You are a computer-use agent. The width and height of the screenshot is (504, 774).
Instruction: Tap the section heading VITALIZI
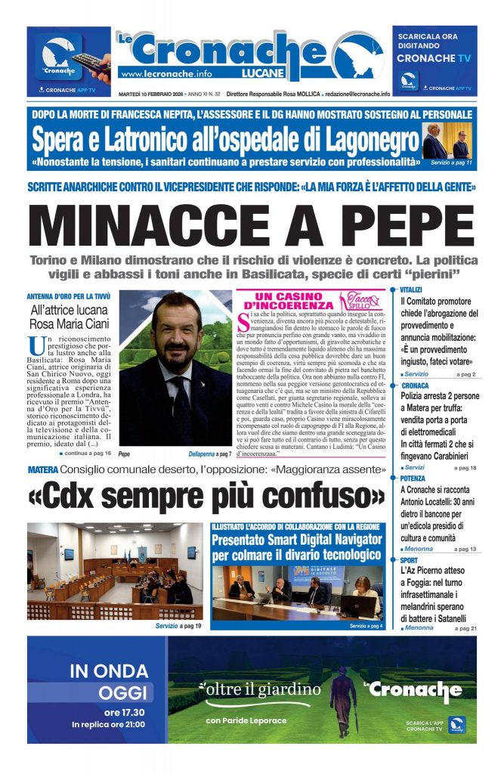pyautogui.click(x=411, y=289)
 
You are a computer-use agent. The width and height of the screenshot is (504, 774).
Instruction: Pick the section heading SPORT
pyautogui.click(x=410, y=560)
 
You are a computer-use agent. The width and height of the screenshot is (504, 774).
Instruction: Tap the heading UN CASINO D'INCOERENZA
pyautogui.click(x=289, y=301)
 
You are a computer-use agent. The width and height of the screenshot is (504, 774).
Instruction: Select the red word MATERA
pyautogui.click(x=42, y=470)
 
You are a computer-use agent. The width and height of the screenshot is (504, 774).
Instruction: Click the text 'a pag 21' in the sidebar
pyautogui.click(x=463, y=628)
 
